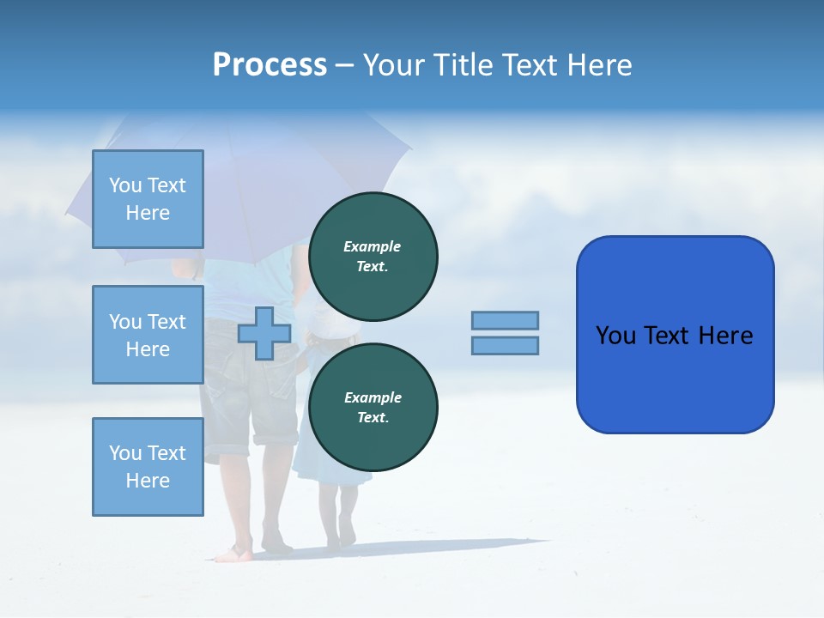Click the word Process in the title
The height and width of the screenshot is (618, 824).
click(x=270, y=65)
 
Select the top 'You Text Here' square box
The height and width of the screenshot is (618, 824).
click(x=148, y=199)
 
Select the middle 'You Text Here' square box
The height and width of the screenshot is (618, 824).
click(x=148, y=335)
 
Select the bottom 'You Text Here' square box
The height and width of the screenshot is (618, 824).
click(x=148, y=467)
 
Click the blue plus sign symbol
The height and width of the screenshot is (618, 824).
click(x=264, y=333)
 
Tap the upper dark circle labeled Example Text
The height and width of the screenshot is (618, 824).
click(x=373, y=256)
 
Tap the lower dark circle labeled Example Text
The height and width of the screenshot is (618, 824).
click(x=373, y=407)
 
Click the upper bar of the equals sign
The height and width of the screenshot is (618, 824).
click(x=505, y=320)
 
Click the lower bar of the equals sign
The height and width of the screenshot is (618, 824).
click(x=505, y=345)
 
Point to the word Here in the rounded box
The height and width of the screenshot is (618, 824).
click(x=725, y=336)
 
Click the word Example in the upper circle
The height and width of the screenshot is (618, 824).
click(x=373, y=246)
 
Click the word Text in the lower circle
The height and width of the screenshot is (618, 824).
click(x=373, y=418)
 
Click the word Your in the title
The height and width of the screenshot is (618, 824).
click(x=391, y=65)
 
